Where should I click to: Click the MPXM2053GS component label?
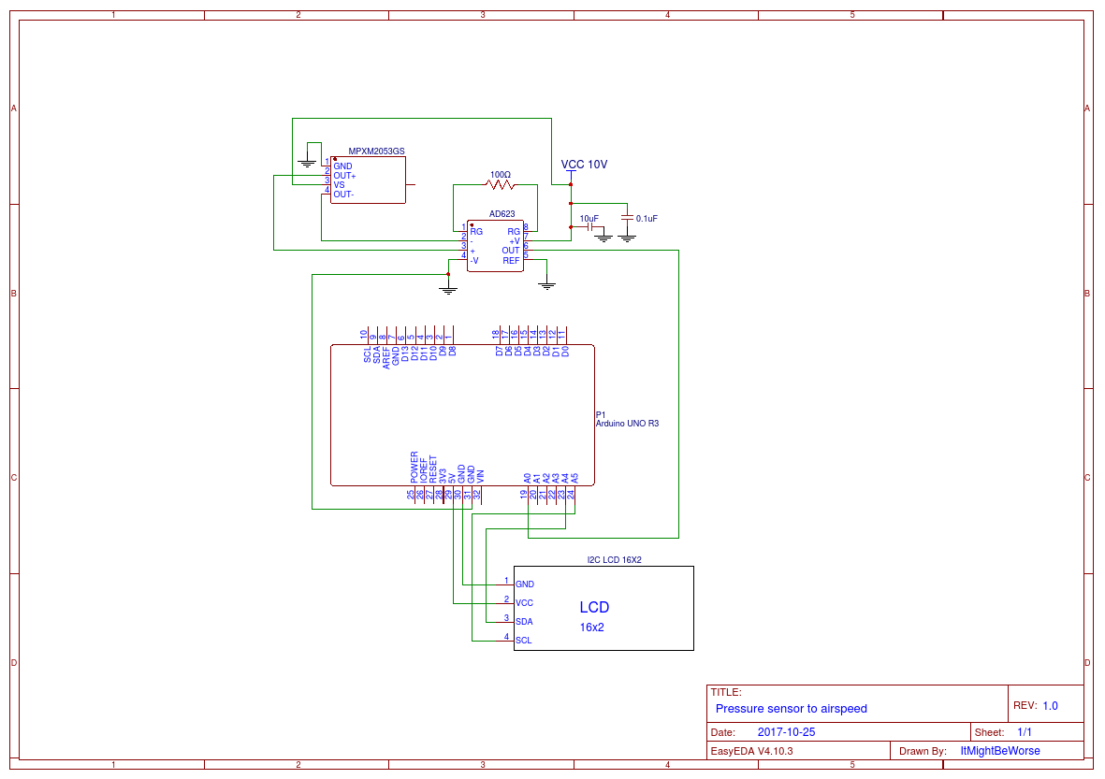click(376, 151)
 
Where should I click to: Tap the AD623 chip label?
click(502, 213)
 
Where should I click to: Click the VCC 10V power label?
click(584, 165)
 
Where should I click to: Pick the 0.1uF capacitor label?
click(647, 219)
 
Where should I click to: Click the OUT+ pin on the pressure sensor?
click(344, 176)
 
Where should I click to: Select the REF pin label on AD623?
click(511, 260)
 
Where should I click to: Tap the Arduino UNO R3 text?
click(627, 424)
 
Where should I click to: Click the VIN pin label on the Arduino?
click(480, 474)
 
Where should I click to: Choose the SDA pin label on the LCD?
click(524, 622)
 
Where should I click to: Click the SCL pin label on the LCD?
click(524, 641)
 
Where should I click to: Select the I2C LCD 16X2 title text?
click(614, 560)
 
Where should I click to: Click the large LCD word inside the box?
click(594, 608)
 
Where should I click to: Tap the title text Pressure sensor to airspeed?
click(791, 709)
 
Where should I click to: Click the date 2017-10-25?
click(786, 732)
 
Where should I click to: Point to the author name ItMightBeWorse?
click(999, 751)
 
